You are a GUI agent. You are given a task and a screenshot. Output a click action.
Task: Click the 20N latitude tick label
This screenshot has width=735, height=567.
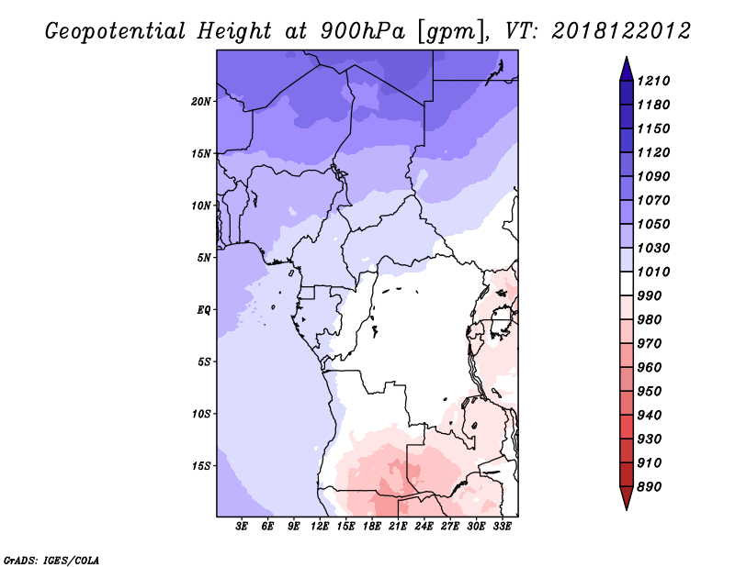[x=200, y=101]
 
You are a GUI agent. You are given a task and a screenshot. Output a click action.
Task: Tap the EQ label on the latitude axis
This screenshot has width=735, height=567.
[x=204, y=309]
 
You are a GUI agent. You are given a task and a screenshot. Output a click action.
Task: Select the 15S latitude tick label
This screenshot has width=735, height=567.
[x=201, y=466]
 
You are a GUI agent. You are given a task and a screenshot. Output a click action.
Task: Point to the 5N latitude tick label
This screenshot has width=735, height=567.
[x=204, y=258]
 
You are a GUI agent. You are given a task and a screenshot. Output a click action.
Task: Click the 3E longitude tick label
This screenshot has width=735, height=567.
[x=242, y=527]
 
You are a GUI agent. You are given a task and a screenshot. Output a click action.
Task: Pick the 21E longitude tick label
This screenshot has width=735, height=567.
[x=398, y=527]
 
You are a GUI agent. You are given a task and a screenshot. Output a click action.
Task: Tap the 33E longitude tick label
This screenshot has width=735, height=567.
[x=502, y=527]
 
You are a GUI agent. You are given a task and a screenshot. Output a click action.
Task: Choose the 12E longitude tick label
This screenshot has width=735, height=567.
[x=320, y=527]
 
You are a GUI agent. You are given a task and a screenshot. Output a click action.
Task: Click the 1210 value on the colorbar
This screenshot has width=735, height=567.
[x=653, y=81]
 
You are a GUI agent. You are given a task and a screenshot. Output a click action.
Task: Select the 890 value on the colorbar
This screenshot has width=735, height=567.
[x=650, y=486]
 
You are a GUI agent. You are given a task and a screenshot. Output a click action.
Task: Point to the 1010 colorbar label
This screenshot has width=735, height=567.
[x=653, y=272]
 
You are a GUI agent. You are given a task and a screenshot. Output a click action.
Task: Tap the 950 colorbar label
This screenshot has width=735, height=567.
[x=650, y=391]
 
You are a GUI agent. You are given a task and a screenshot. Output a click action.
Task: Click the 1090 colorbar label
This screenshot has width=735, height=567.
[x=653, y=176]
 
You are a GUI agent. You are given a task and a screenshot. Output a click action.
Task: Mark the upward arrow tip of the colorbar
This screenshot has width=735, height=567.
[x=627, y=57]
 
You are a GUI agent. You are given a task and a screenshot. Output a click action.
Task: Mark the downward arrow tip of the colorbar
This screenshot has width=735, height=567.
[x=627, y=509]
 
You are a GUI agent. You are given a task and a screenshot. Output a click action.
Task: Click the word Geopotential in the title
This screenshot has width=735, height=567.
[x=116, y=32]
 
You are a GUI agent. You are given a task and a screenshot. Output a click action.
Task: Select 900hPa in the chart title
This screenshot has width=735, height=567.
[x=362, y=31]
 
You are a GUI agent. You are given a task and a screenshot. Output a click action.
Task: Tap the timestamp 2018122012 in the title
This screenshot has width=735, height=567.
[x=621, y=31]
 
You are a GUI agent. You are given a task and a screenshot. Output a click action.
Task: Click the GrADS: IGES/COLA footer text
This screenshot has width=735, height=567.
[x=51, y=560]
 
